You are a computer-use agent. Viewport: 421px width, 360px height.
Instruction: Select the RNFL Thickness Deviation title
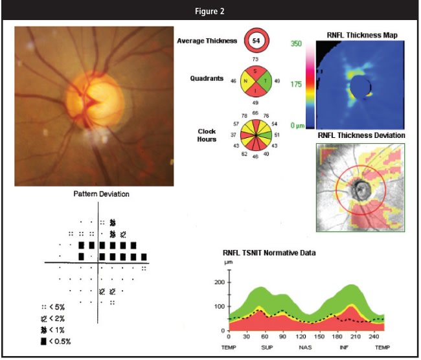361,135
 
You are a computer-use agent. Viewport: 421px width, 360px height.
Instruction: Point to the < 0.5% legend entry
56,341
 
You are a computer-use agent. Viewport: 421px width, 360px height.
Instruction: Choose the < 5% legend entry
53,307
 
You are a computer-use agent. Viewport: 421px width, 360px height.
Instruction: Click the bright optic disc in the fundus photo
97,97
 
